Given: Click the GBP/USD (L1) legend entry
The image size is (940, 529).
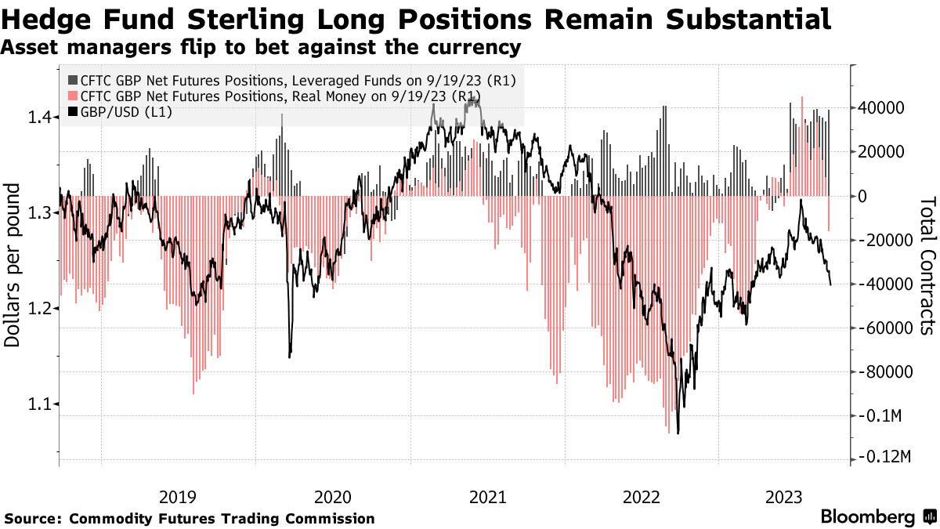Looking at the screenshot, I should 121,112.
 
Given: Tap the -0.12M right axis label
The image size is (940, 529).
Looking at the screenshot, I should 884,457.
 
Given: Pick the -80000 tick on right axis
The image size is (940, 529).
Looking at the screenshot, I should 884,371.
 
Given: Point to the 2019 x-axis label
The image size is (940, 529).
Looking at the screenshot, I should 178,496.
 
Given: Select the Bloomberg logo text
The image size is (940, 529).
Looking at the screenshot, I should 867,516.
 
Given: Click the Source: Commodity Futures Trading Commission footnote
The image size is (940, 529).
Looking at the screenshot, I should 190,519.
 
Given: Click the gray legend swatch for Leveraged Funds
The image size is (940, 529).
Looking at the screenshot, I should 73,80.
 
